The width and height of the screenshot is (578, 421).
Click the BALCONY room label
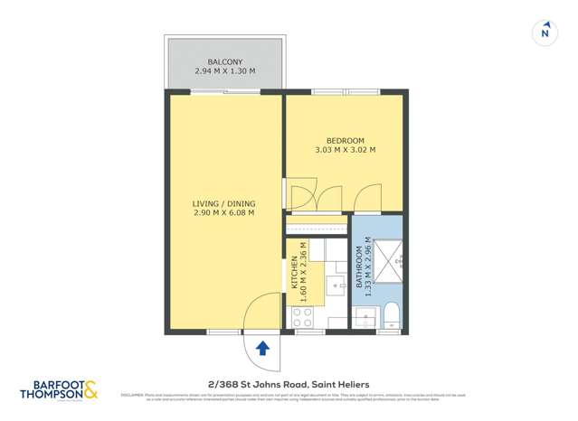[224, 61]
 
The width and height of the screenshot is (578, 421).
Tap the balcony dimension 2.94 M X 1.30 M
[224, 71]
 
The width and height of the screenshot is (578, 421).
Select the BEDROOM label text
[345, 141]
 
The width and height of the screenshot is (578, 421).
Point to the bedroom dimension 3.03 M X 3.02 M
[345, 151]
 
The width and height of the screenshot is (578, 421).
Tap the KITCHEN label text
[295, 273]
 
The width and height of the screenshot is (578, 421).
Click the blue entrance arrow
[262, 348]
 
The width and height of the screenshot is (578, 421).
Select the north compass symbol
[544, 33]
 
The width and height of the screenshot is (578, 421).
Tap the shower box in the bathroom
[387, 257]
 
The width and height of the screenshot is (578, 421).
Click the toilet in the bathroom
[391, 315]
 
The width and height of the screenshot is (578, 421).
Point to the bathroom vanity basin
[365, 317]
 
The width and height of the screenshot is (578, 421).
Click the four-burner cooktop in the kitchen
[300, 317]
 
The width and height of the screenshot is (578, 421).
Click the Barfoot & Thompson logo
[58, 390]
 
